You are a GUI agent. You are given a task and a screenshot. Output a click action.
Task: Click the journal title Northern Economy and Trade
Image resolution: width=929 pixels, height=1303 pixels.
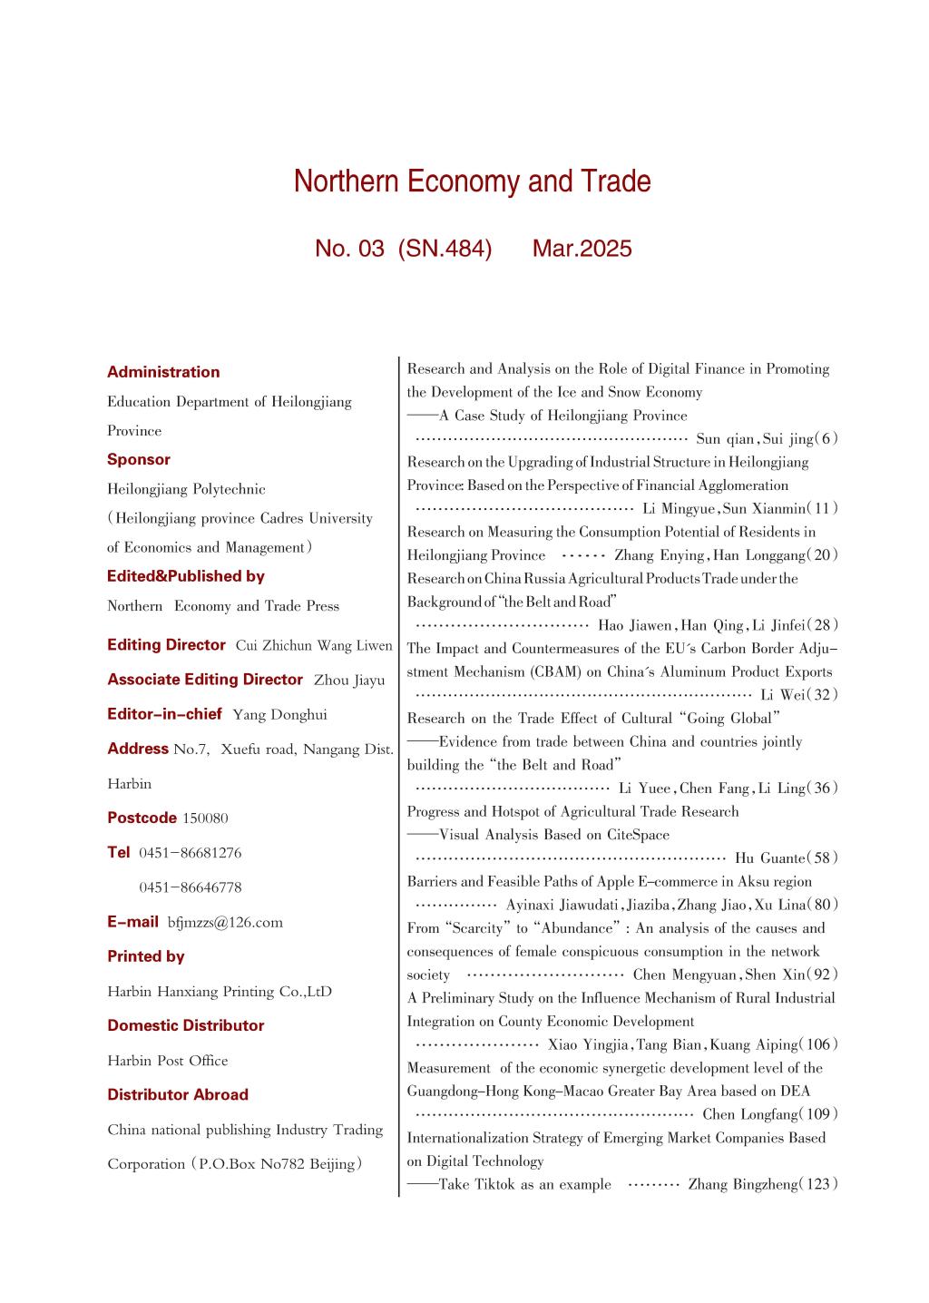coord(472,182)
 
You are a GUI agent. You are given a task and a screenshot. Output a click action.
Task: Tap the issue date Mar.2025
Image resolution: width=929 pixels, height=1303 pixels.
coord(582,249)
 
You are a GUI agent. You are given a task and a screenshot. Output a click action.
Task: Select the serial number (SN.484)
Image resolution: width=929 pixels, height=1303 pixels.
coord(445,249)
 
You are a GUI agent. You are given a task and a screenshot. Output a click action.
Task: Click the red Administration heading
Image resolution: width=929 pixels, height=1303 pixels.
coord(163,372)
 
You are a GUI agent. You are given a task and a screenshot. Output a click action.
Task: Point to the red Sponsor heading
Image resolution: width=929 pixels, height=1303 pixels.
coord(139,460)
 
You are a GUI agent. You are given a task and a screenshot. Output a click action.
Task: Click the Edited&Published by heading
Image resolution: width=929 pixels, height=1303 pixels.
coord(186,576)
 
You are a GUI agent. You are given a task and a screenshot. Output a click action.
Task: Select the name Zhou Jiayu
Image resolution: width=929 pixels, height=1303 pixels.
coord(349,681)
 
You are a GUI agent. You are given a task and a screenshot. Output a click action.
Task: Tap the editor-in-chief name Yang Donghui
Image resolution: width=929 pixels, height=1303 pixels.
coord(279,715)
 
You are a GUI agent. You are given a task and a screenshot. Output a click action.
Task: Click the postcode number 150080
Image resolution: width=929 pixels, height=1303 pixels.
coord(205,818)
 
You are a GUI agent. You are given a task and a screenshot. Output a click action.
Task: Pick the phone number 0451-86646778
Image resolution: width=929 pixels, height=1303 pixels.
coord(191,887)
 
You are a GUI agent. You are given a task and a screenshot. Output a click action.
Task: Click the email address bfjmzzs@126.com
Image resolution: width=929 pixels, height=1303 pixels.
coord(225,923)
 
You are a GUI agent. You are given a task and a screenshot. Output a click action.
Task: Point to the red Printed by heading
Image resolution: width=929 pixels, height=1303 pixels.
coord(146,956)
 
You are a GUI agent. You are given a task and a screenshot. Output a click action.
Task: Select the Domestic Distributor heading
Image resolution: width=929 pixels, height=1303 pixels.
coord(186,1026)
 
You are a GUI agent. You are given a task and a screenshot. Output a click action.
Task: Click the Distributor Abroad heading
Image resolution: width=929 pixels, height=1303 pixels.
coord(178,1095)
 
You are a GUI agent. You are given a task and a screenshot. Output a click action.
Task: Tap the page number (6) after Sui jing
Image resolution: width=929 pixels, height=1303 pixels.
coord(826,439)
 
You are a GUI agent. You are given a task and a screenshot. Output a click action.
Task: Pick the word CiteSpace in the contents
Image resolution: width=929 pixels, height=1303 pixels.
coord(636,835)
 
